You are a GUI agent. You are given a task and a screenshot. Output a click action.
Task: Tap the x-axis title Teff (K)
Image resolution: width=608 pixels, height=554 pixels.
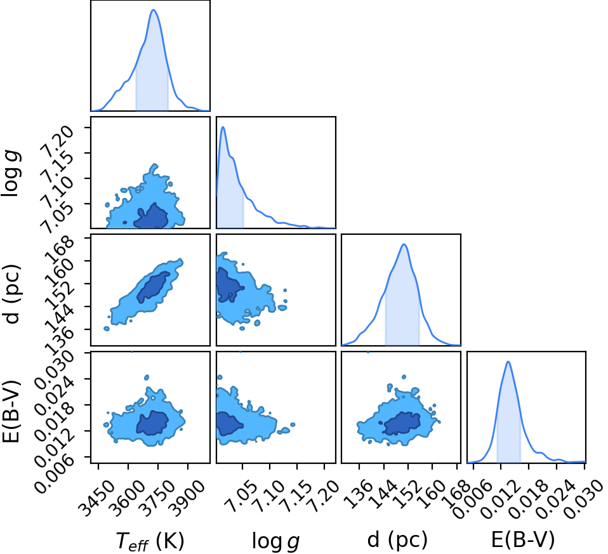150,541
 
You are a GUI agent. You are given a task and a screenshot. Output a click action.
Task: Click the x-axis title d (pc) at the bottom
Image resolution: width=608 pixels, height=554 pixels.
397,539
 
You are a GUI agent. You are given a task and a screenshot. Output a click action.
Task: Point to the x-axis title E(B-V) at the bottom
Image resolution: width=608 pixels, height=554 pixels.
523,539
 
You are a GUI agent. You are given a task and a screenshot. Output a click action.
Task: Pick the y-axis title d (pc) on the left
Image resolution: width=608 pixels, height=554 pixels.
11,294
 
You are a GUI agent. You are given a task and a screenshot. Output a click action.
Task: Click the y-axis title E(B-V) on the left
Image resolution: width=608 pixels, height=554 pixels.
11,412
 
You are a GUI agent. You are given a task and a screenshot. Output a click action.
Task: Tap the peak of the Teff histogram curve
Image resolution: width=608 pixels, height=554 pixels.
154,10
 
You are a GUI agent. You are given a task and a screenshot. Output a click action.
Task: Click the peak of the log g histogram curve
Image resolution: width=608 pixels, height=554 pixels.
223,127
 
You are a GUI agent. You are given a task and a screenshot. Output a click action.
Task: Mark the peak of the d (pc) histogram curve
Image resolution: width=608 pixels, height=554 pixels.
404,244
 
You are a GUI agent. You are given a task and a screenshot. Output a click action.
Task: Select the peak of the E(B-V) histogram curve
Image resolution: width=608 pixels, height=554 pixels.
508,362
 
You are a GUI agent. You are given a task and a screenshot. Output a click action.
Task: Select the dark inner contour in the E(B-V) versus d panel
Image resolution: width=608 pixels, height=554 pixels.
402,423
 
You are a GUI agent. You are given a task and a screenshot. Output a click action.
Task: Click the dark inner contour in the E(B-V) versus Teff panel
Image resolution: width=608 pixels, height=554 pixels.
152,423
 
